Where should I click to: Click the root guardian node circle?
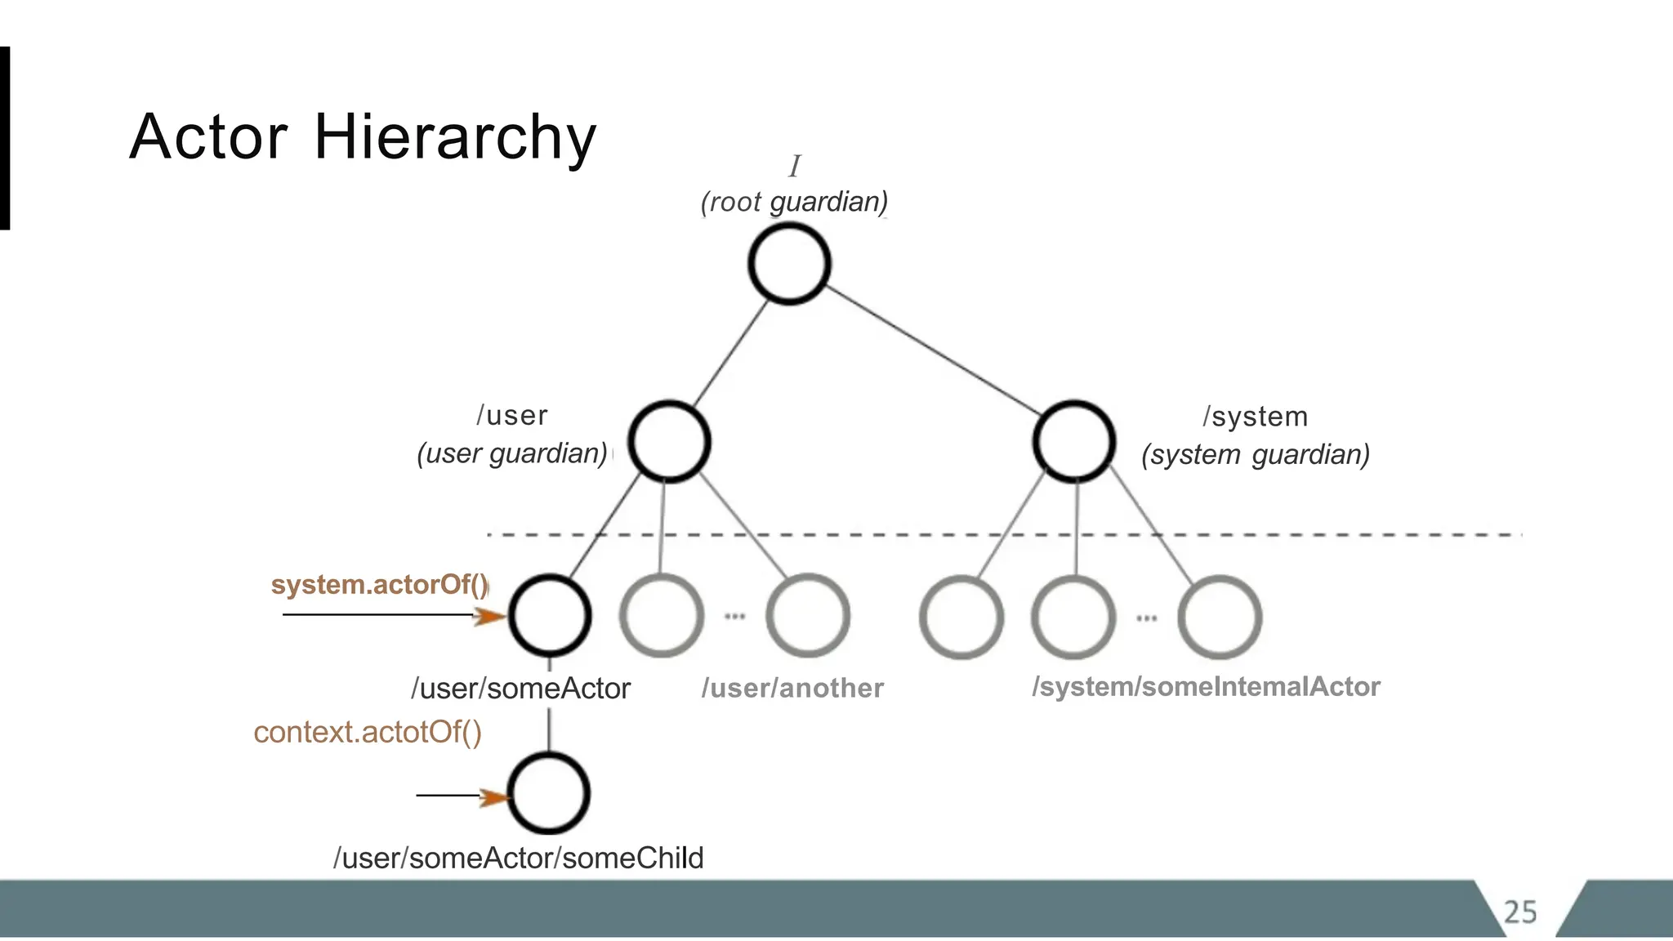click(x=789, y=264)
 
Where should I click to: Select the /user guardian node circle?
click(x=669, y=442)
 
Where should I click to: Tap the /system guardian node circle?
click(x=1073, y=442)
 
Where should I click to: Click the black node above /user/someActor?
click(x=550, y=615)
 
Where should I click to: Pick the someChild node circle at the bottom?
click(x=549, y=793)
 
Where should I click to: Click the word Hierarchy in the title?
click(x=455, y=137)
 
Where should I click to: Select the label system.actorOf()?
click(x=380, y=585)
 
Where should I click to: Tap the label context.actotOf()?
click(x=368, y=732)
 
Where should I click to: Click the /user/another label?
click(x=792, y=688)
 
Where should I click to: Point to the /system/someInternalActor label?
click(x=1206, y=686)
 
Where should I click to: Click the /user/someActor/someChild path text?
click(x=519, y=858)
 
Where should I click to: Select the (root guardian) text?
click(x=794, y=202)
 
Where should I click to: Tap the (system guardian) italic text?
click(x=1256, y=454)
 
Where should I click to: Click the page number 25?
click(x=1520, y=912)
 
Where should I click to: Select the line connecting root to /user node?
click(x=730, y=353)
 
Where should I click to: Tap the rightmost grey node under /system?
click(x=1220, y=618)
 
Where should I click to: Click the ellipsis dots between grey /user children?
click(x=734, y=617)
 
